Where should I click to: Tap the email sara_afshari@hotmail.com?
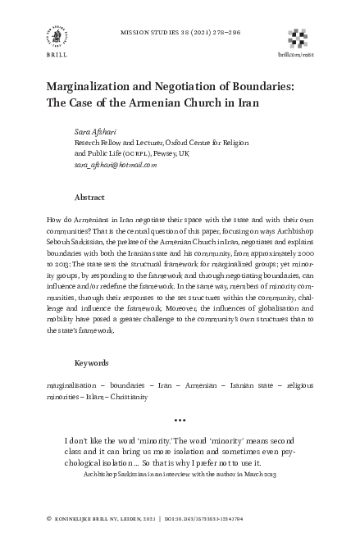click(115, 165)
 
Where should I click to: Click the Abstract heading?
click(89, 198)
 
